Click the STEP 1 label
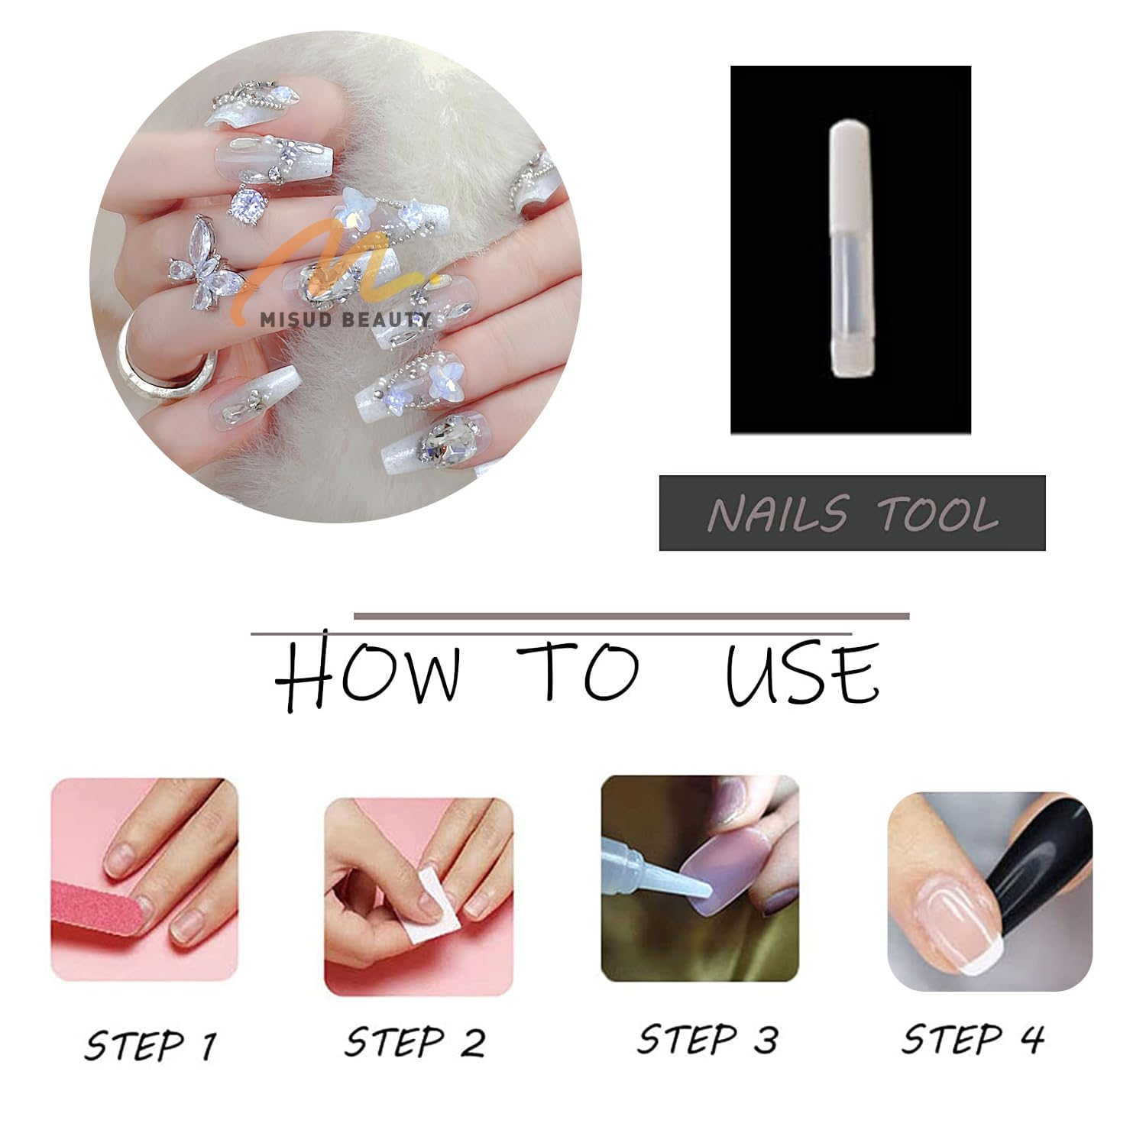click(x=151, y=1045)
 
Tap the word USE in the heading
click(x=802, y=672)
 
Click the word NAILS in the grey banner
click(x=778, y=513)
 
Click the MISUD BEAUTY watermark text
click(x=345, y=319)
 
